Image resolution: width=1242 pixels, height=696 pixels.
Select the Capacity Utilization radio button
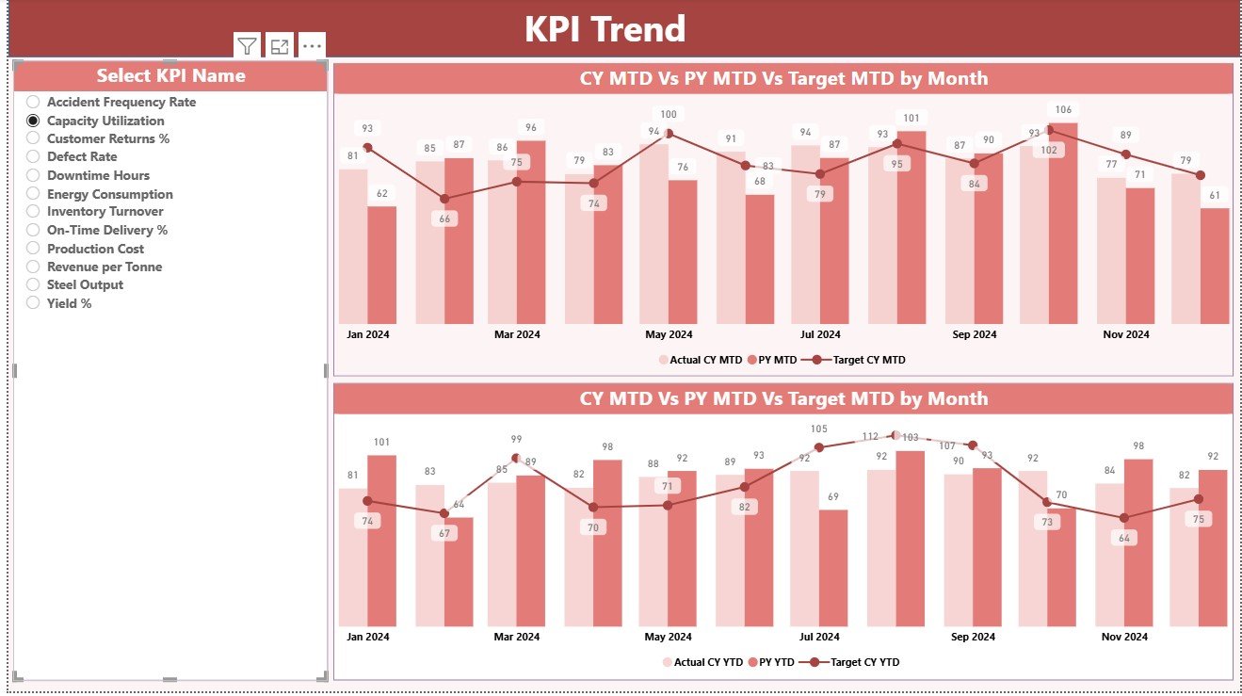(33, 121)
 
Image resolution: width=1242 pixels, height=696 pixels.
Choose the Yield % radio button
(33, 303)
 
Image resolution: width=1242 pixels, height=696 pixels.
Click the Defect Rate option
(81, 156)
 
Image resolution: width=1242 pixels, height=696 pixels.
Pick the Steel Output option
(84, 284)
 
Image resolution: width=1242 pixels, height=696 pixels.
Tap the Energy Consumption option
(109, 194)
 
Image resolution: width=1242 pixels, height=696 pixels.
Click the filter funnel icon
(247, 45)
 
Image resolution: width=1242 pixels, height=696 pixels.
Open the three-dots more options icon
(312, 45)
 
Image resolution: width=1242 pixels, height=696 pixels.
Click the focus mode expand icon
(279, 45)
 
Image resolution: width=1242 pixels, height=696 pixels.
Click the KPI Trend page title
(605, 29)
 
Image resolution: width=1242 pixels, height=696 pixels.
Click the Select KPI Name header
(170, 76)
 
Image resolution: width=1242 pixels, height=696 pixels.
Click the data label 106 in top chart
(1063, 110)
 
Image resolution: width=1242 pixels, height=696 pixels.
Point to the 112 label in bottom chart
(870, 436)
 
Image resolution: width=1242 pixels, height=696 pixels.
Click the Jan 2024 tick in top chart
(367, 334)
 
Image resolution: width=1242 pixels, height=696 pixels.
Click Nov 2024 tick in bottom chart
(1125, 637)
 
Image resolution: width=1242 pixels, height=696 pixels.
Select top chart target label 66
(444, 219)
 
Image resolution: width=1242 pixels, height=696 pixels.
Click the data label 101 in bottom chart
(381, 442)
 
